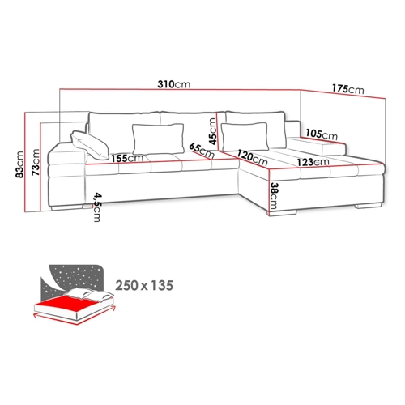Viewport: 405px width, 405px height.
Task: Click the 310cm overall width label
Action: [x=174, y=84]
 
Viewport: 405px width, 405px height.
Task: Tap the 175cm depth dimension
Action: [x=348, y=88]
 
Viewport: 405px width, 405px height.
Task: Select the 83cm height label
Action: [x=19, y=164]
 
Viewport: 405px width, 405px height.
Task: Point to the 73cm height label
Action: [x=36, y=162]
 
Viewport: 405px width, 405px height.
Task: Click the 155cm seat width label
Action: [x=127, y=158]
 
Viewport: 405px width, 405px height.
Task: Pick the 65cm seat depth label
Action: [x=202, y=151]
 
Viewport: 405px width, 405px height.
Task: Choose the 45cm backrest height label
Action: [x=213, y=131]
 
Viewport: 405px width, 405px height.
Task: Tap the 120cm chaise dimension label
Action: [x=252, y=158]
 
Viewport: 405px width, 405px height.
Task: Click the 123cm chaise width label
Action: [x=313, y=162]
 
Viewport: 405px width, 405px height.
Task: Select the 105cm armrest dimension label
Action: [x=322, y=134]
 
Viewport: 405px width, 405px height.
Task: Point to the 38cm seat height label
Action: [x=274, y=196]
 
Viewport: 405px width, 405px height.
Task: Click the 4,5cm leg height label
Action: [x=97, y=207]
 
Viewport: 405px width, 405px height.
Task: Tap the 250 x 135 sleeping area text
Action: [x=144, y=285]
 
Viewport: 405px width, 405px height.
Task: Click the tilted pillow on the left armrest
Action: [x=90, y=145]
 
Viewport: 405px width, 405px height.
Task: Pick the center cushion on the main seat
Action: [x=158, y=139]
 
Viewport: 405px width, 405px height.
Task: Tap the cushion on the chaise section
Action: [x=245, y=136]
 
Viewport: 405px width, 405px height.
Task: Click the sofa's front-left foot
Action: [x=66, y=207]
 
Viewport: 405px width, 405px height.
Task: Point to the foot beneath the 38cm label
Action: [x=282, y=213]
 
